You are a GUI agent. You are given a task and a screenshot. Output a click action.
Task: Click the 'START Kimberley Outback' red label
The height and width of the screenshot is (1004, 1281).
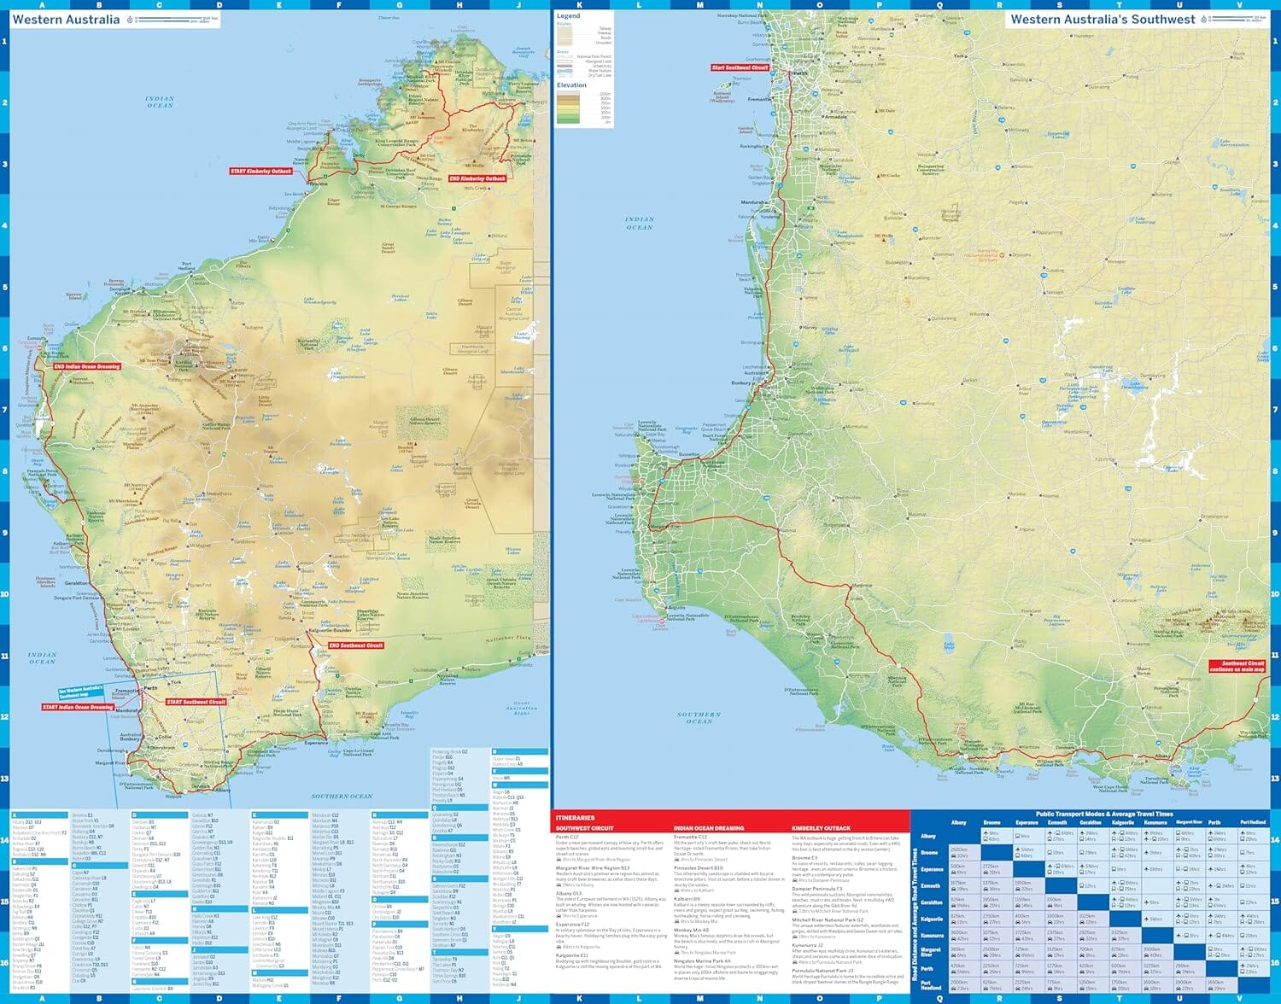pos(260,171)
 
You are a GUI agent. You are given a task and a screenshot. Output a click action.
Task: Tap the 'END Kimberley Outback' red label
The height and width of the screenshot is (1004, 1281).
pos(477,178)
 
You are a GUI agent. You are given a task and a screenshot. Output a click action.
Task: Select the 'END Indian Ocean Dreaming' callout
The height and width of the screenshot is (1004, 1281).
pos(87,366)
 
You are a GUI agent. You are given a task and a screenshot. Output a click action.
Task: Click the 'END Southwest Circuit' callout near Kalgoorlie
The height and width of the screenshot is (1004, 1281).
pos(356,645)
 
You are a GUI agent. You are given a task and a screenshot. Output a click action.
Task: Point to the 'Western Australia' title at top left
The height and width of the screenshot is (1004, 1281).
pos(66,20)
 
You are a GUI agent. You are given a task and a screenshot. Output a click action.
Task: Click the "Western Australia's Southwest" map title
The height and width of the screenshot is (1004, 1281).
pos(1103,19)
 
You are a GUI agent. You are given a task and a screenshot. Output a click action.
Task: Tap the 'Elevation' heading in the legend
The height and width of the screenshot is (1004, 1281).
pos(571,85)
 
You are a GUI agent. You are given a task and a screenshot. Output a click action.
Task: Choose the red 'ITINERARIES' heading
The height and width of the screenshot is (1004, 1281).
pos(575,818)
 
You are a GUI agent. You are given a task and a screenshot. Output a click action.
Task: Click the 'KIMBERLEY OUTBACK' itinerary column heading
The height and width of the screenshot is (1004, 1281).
pos(821,828)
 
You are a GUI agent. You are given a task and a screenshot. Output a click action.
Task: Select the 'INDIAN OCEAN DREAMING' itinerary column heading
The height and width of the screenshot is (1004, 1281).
pos(708,828)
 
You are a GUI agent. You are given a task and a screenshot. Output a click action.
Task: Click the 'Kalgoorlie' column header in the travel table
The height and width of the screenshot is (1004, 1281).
pos(1123,823)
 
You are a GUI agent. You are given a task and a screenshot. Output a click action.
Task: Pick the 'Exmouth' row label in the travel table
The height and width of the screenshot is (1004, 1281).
pos(931,885)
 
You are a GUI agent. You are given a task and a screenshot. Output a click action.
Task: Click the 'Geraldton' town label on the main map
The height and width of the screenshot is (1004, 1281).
pos(76,583)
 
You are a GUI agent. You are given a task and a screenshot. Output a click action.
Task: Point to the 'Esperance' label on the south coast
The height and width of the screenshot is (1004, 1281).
pos(316,743)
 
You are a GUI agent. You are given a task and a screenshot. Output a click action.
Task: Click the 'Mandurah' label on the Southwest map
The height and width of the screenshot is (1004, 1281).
pos(753,203)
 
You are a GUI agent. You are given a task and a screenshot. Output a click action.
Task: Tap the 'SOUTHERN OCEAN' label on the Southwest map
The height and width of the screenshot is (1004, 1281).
pos(699,717)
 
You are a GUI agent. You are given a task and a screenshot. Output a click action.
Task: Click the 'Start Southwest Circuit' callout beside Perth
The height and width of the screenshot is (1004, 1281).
pos(740,67)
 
